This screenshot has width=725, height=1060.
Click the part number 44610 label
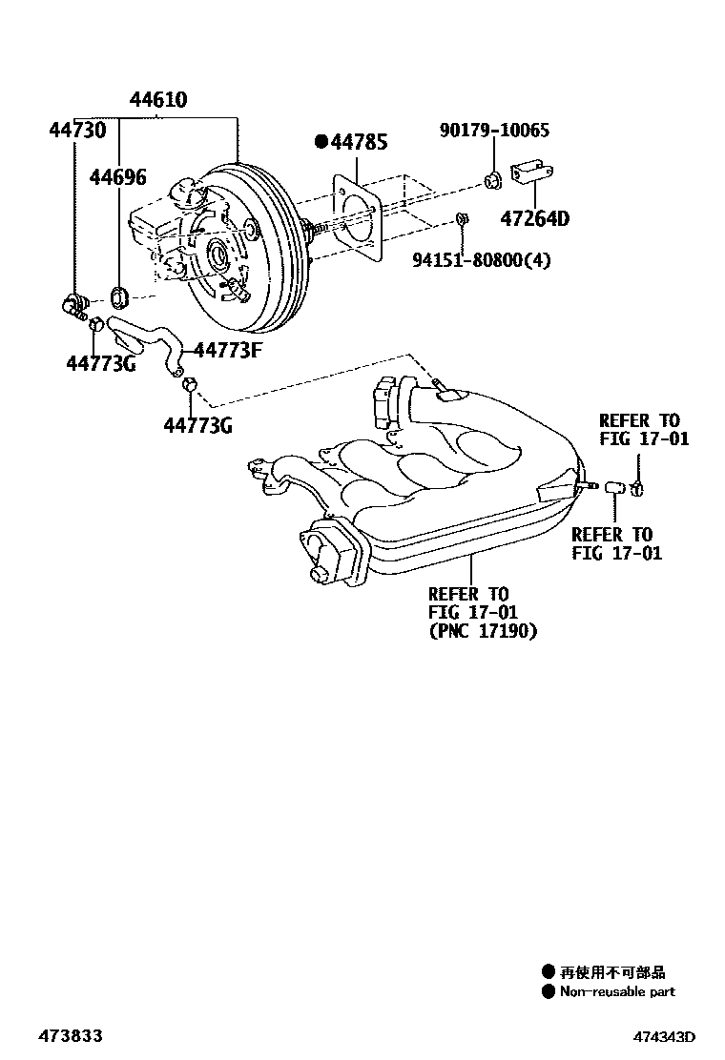[158, 100]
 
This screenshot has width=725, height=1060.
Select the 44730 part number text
[77, 131]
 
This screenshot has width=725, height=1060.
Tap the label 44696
[118, 176]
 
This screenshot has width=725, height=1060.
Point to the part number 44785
[359, 143]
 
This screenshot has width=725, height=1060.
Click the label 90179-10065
[494, 131]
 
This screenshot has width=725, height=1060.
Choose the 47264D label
[534, 218]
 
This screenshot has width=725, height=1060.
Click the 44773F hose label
[227, 349]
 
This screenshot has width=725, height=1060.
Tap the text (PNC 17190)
[483, 631]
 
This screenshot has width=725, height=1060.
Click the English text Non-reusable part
[616, 992]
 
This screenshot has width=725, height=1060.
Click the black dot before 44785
[321, 143]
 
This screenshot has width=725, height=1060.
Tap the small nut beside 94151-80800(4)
[462, 220]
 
